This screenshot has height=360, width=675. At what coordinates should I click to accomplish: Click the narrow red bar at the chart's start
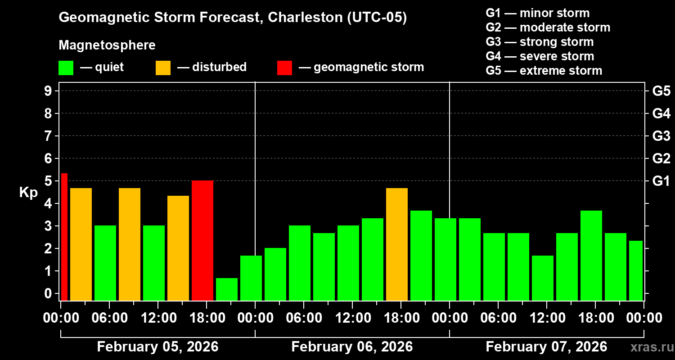coord(64,237)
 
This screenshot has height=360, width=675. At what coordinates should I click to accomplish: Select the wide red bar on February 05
coord(202,240)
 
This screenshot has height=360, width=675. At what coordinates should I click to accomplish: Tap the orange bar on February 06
coord(397,244)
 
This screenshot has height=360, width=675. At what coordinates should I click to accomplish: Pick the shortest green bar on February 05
coord(227,289)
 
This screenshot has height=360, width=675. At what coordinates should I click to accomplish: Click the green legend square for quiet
coord(66,68)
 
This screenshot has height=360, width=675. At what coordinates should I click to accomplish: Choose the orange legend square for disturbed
coord(163,68)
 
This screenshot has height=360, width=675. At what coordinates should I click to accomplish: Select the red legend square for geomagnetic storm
coord(284,68)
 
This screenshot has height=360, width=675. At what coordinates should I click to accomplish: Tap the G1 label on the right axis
coord(661,181)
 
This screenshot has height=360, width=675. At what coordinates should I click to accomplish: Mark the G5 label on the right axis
coord(661,91)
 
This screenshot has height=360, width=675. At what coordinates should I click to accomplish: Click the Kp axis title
coord(28,193)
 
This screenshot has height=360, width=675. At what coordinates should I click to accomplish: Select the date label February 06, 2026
coord(352,347)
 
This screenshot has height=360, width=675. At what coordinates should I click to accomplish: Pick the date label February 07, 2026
coord(546,347)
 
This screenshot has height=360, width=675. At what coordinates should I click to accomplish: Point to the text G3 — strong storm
coord(540,42)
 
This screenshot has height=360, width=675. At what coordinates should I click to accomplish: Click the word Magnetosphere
coord(107,45)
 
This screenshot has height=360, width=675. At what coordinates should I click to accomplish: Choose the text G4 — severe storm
coord(540,56)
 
